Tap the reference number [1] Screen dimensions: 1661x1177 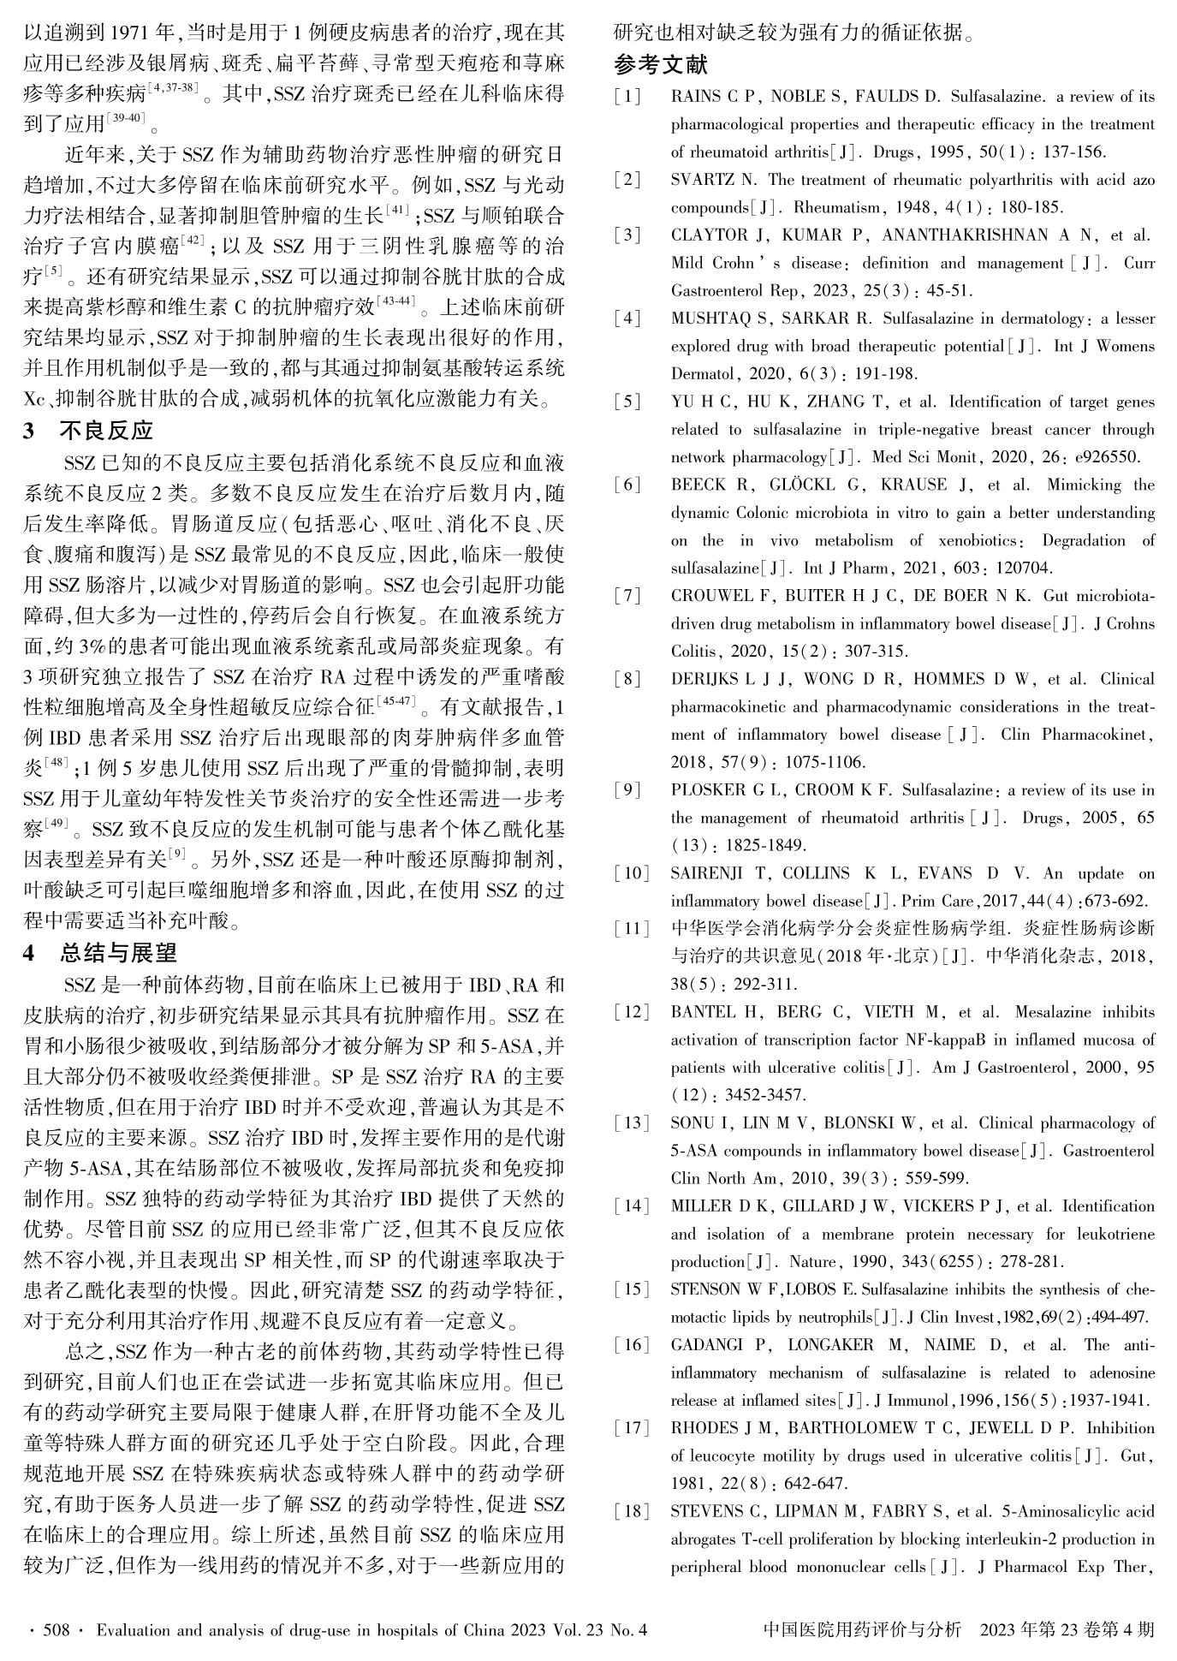[x=627, y=96]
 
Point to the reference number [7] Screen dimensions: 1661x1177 [x=627, y=596]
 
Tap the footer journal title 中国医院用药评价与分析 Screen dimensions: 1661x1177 [x=861, y=1629]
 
